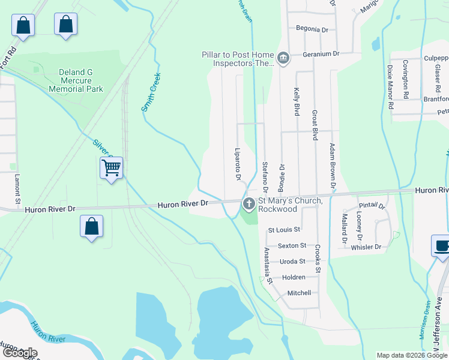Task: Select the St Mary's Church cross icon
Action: tap(249, 205)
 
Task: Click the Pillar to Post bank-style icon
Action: tap(283, 58)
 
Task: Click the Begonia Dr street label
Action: tap(312, 29)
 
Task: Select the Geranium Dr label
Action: tap(321, 53)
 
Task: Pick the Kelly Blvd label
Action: tap(297, 101)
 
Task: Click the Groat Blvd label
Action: tap(314, 125)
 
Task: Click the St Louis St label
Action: tap(284, 230)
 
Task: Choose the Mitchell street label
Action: tap(299, 293)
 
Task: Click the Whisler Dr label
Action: tap(366, 247)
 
